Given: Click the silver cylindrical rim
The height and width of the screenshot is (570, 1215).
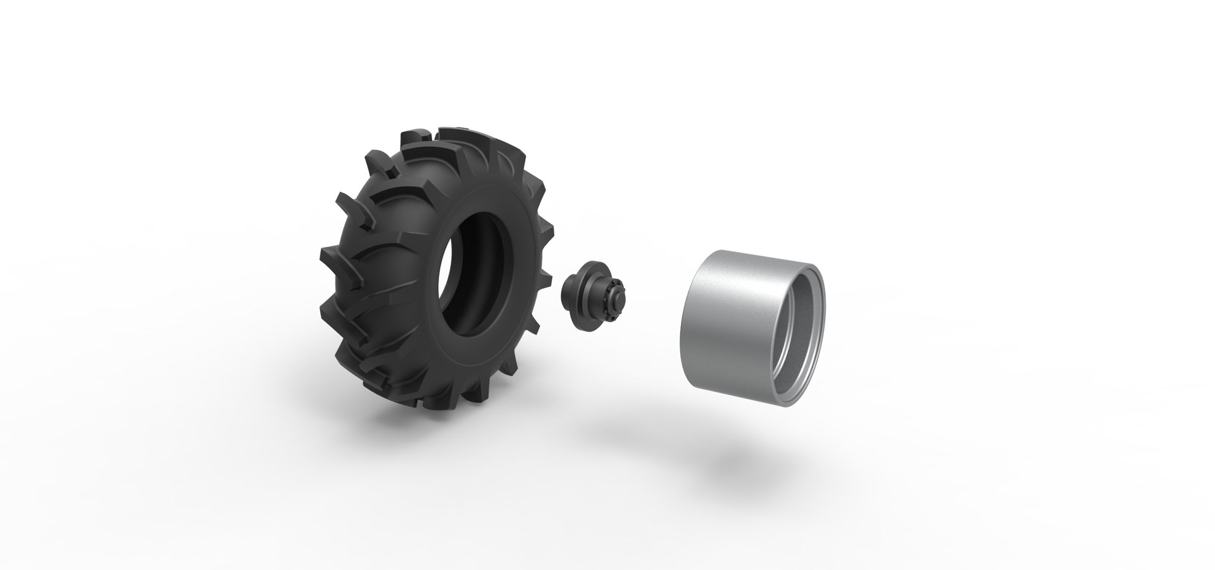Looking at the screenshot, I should click(x=734, y=317).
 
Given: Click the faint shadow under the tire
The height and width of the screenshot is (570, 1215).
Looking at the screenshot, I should click(x=607, y=431).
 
